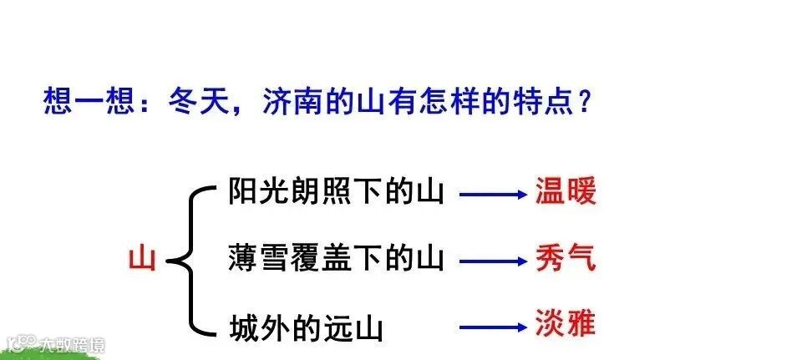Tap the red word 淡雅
tap(566, 323)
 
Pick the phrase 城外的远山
tap(305, 327)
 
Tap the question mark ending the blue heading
tap(584, 103)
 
